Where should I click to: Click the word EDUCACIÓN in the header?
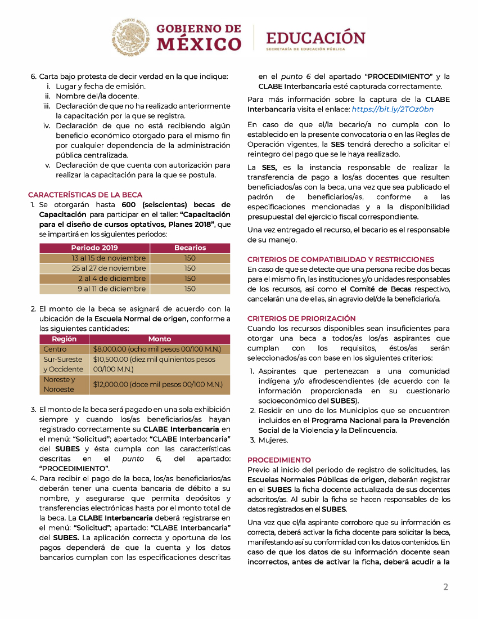[315, 38]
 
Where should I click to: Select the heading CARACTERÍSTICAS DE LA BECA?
[85, 195]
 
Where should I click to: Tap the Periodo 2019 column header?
[94, 248]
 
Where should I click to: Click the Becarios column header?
[190, 248]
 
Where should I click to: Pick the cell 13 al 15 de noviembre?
[109, 258]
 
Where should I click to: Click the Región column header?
[64, 339]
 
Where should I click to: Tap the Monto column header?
[160, 339]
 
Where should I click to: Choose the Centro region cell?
[55, 349]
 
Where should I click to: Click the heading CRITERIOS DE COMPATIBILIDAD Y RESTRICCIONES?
[341, 259]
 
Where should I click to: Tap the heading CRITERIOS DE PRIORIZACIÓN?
[301, 318]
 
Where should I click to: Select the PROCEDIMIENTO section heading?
[279, 460]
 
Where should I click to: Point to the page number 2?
[445, 587]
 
